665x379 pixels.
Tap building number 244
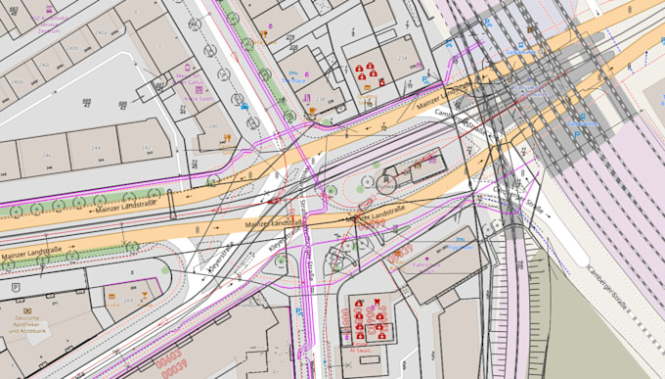(96, 147)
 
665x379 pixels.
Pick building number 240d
(102, 32)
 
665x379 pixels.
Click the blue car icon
(244, 104)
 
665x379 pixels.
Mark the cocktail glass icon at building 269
(147, 290)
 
